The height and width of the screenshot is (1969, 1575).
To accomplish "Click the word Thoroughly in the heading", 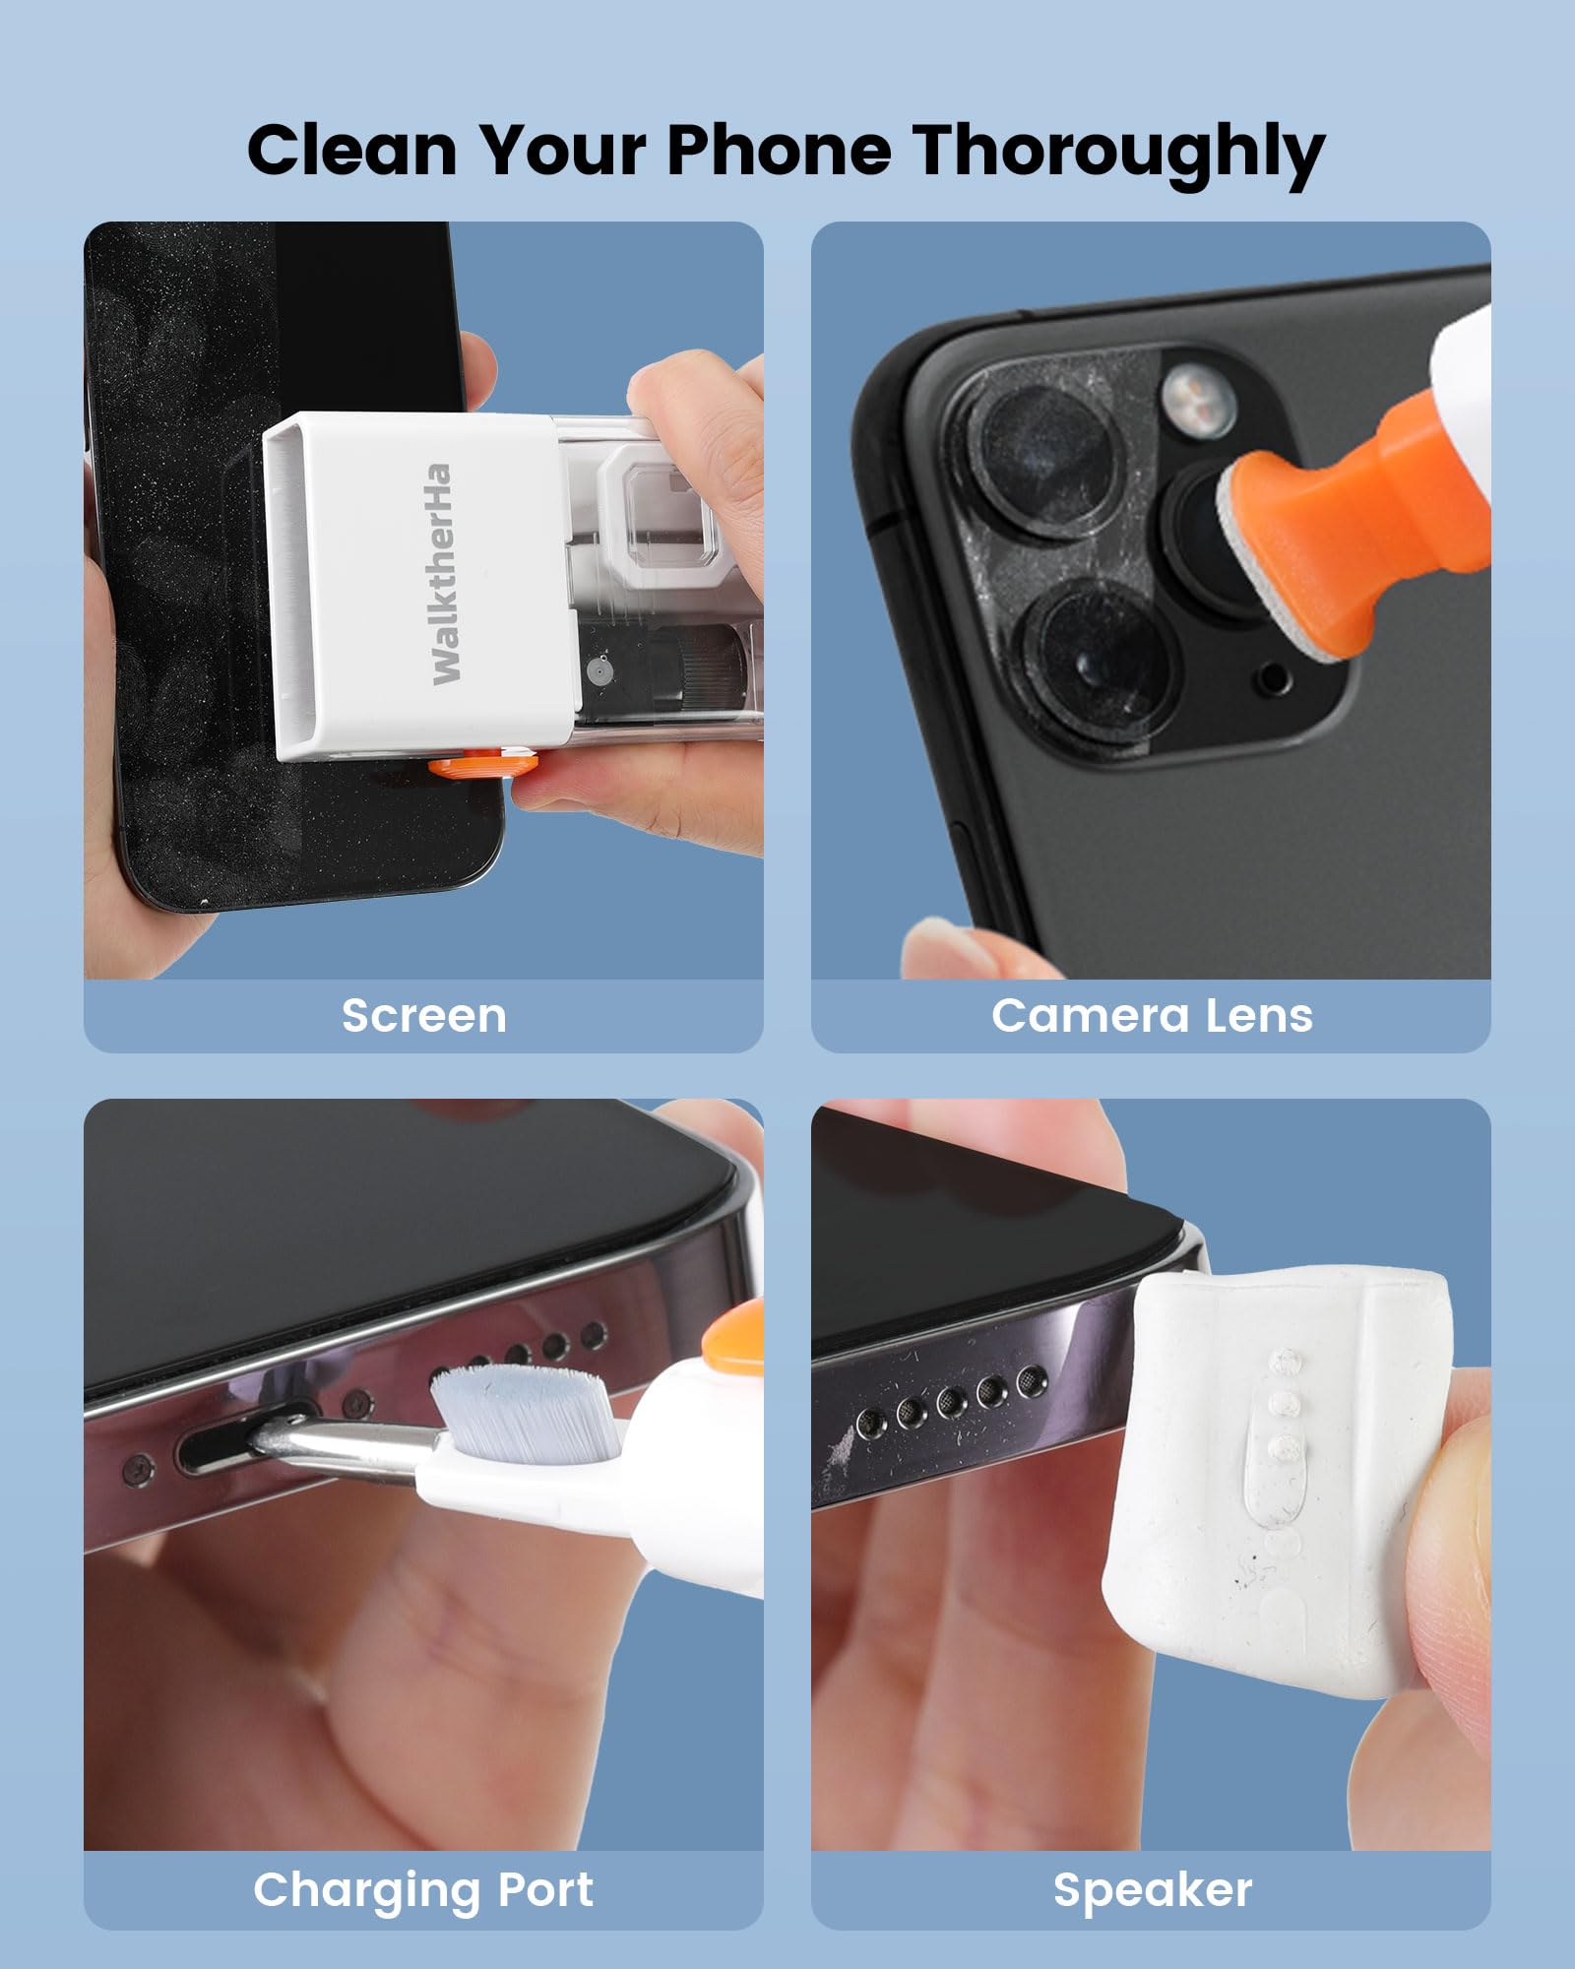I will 1118,153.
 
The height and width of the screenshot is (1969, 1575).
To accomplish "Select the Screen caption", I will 423,1016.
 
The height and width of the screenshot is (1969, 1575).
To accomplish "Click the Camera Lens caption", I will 1151,1016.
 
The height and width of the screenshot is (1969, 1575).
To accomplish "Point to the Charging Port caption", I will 423,1889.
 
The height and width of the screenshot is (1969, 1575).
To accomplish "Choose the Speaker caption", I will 1152,1889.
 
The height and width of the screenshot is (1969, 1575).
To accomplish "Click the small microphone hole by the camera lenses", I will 1274,678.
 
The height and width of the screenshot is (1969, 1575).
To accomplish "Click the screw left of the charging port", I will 139,1471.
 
